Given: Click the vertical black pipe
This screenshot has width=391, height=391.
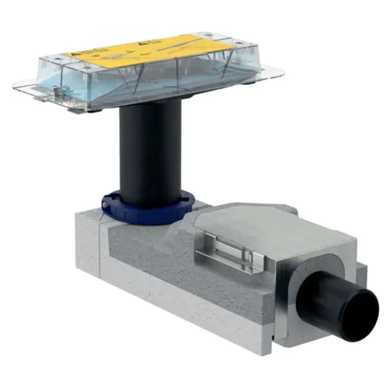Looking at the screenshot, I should point(150,152).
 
